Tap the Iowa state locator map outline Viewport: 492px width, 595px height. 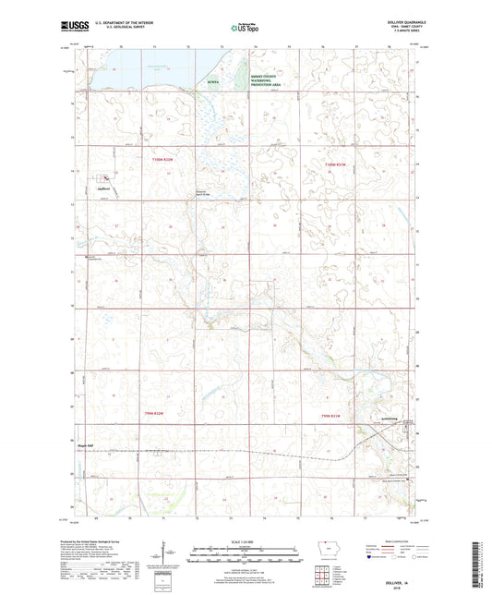point(321,547)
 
